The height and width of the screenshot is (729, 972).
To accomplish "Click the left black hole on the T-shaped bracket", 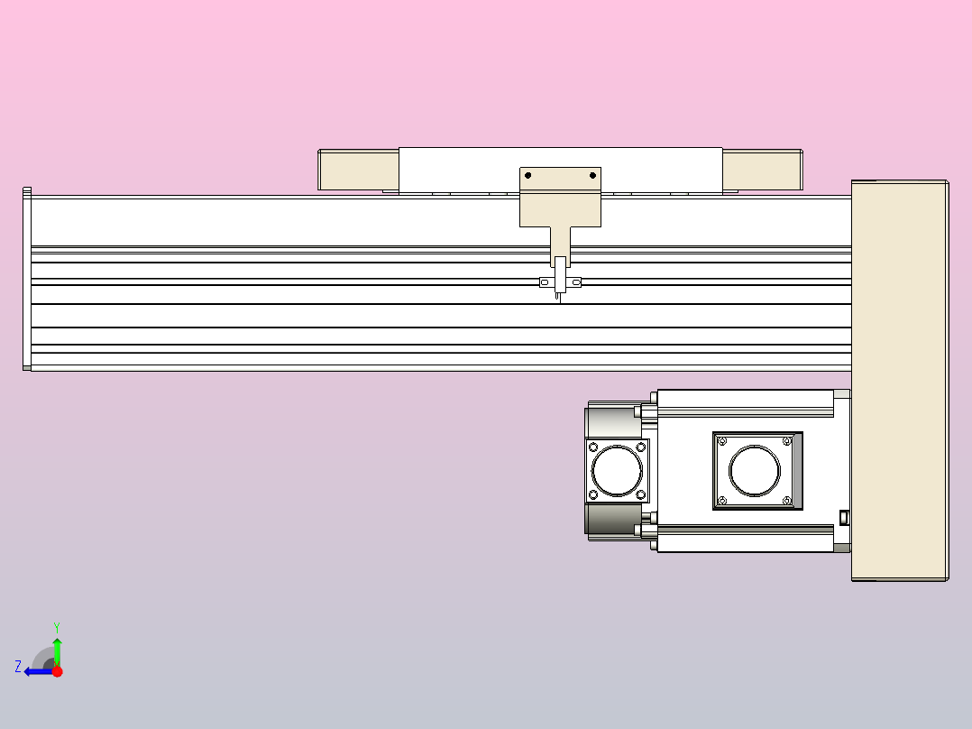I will pyautogui.click(x=528, y=175).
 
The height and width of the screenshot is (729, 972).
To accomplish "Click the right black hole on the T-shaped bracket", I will pyautogui.click(x=592, y=175).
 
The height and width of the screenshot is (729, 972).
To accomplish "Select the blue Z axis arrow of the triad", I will pyautogui.click(x=35, y=671).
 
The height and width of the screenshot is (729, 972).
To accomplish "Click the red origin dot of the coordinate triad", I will pyautogui.click(x=57, y=671).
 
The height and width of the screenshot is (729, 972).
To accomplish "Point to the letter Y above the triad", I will pyautogui.click(x=57, y=626).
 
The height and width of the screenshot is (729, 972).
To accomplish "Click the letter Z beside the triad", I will pyautogui.click(x=18, y=667).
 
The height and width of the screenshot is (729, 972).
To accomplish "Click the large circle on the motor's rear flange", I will pyautogui.click(x=617, y=470).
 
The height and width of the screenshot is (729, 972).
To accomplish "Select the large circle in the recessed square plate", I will pyautogui.click(x=755, y=471).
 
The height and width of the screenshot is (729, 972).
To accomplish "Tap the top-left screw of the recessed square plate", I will pyautogui.click(x=722, y=441).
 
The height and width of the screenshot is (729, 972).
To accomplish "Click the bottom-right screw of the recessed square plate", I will pyautogui.click(x=787, y=501).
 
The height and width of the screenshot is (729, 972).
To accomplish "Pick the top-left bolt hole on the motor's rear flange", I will pyautogui.click(x=593, y=447).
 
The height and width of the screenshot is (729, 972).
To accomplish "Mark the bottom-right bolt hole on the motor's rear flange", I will pyautogui.click(x=641, y=494).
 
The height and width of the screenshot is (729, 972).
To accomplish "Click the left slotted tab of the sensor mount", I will pyautogui.click(x=544, y=283).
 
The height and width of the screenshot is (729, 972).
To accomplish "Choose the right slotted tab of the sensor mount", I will pyautogui.click(x=576, y=283).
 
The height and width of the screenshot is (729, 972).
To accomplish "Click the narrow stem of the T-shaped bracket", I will pyautogui.click(x=561, y=242).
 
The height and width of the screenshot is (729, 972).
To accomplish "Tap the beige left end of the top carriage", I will pyautogui.click(x=359, y=170).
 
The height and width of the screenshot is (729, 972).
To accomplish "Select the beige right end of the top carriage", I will pyautogui.click(x=762, y=170).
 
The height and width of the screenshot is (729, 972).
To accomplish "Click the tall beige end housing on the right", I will pyautogui.click(x=898, y=379).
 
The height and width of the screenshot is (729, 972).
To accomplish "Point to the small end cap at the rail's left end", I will pyautogui.click(x=27, y=280).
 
